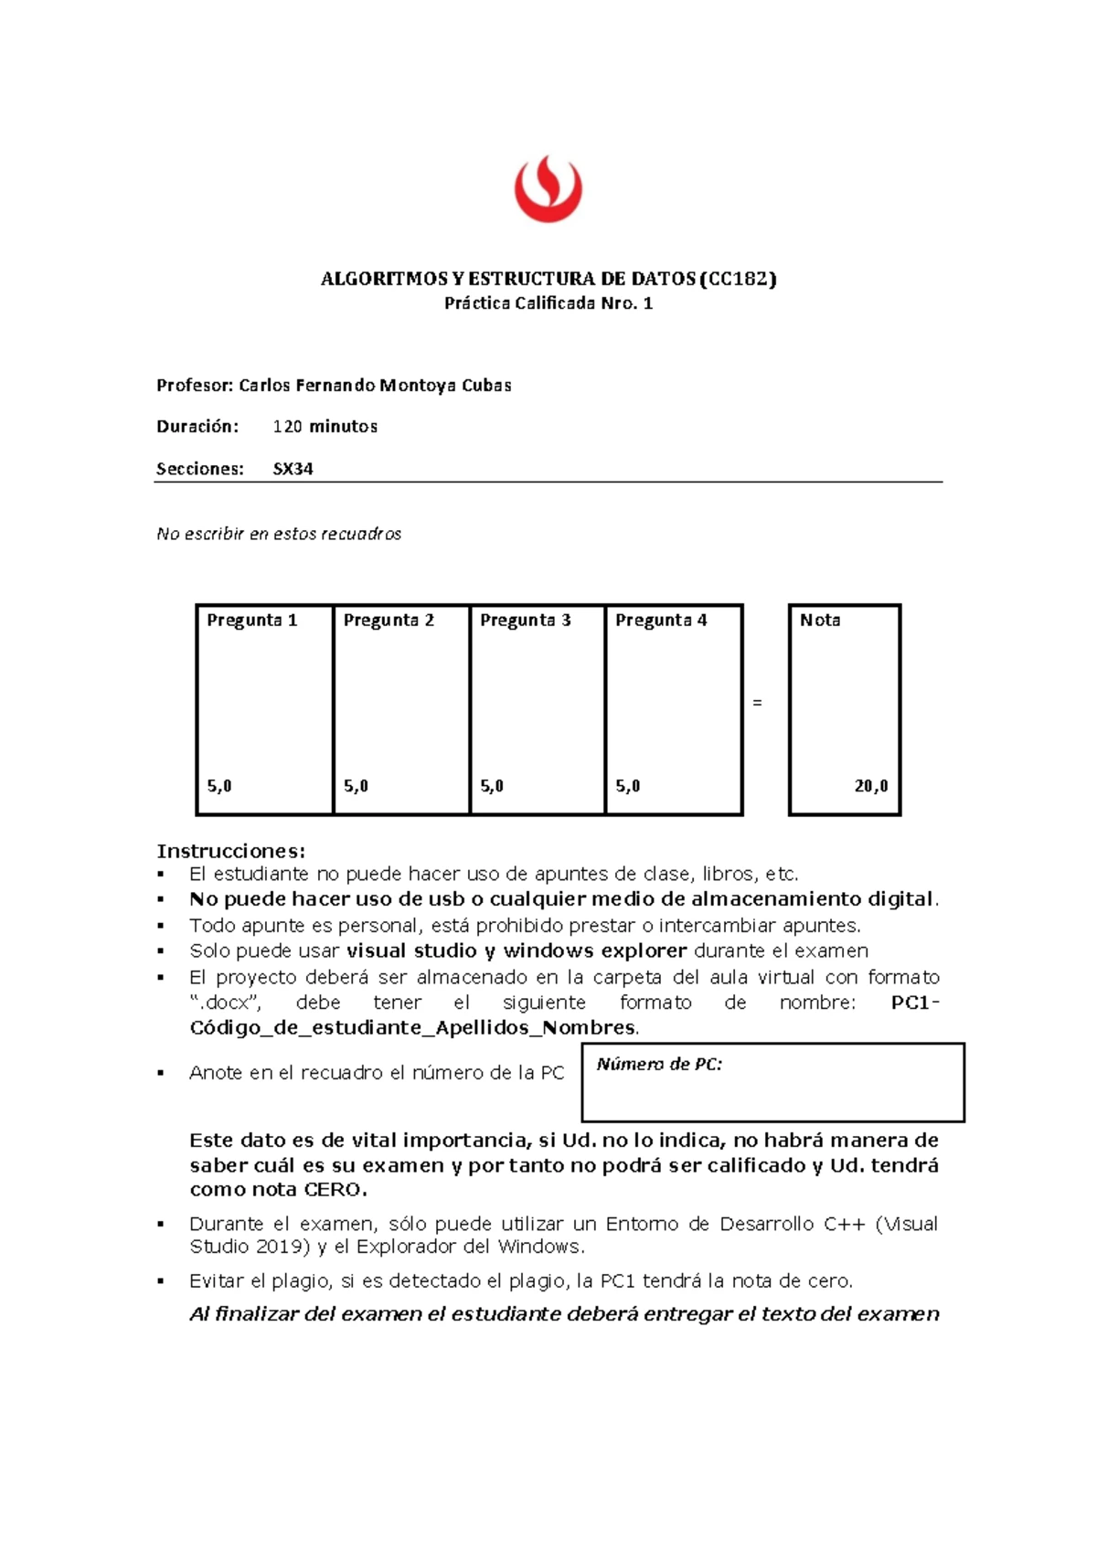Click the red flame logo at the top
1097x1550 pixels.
pos(548,189)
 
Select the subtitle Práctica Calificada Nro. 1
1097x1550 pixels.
pos(548,303)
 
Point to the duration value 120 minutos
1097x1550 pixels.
pos(325,427)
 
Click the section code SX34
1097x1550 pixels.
pos(293,469)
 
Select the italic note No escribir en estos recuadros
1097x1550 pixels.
pos(279,534)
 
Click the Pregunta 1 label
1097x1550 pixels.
pos(251,621)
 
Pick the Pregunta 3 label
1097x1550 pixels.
pos(525,621)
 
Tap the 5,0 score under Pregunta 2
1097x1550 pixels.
pos(356,786)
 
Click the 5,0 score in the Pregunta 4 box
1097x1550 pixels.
pos(627,786)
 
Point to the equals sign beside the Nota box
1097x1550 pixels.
pos(757,703)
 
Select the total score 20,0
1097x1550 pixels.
pos(870,786)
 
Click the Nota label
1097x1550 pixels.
pos(819,621)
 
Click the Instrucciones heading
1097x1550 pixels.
pos(230,852)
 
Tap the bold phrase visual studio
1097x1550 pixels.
pos(411,950)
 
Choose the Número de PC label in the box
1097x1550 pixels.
pos(659,1064)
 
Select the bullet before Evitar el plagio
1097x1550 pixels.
pos(161,1281)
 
